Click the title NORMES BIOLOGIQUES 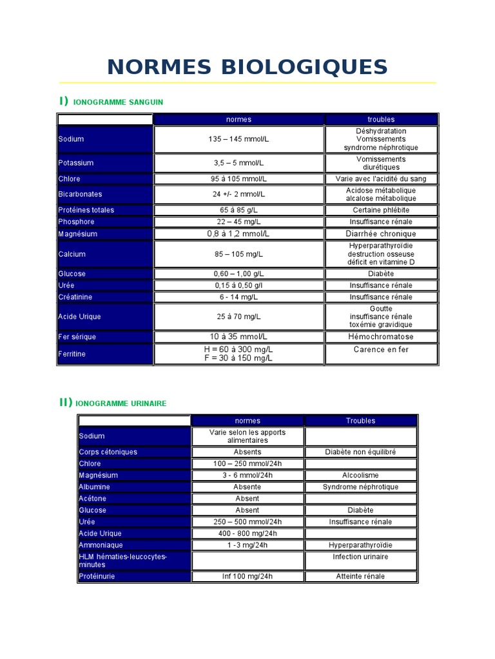[x=247, y=67]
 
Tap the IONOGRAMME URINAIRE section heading [x=121, y=404]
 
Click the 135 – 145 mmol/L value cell [x=238, y=139]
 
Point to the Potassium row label [x=76, y=163]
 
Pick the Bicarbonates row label [x=80, y=194]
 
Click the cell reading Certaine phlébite [x=380, y=210]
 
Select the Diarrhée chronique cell [x=380, y=234]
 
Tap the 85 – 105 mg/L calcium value [x=238, y=254]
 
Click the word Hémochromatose [x=380, y=337]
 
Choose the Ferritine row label [x=72, y=354]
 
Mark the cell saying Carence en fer [x=380, y=350]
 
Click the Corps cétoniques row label [x=108, y=452]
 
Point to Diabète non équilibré [x=360, y=452]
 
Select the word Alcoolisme [x=360, y=476]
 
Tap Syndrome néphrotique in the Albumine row [x=360, y=487]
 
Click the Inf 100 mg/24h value [x=247, y=577]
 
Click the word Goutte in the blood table [x=380, y=309]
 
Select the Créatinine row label [x=75, y=297]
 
